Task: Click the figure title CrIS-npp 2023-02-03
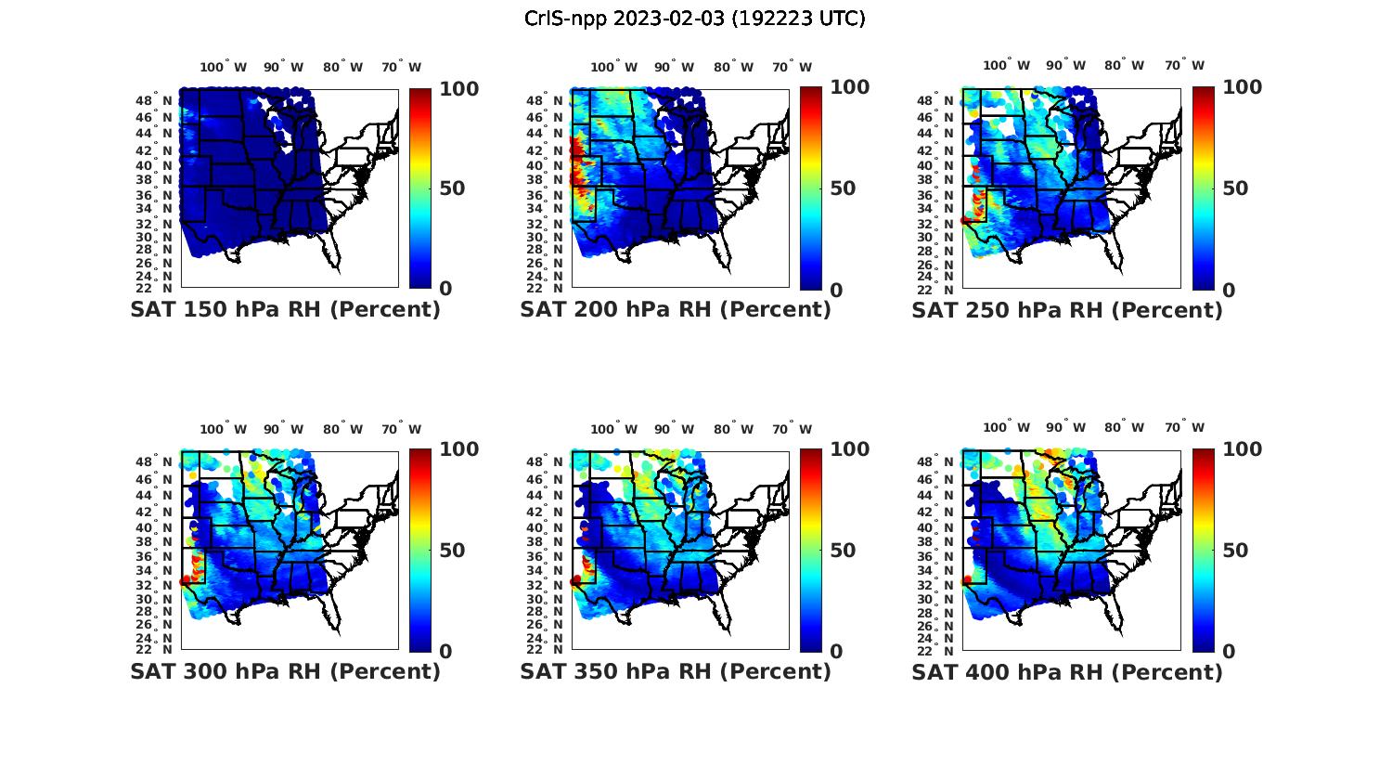694,19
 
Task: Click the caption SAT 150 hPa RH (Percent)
285,310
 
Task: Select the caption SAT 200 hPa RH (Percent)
676,310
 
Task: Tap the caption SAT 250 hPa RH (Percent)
1067,310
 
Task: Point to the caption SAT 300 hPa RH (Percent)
285,671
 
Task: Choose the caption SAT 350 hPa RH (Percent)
676,671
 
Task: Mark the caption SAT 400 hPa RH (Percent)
1067,671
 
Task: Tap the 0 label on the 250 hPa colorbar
1229,290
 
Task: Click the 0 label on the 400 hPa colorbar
1229,652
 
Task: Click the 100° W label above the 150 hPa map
224,67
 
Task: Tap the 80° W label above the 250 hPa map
1124,65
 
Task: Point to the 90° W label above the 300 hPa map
283,429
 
